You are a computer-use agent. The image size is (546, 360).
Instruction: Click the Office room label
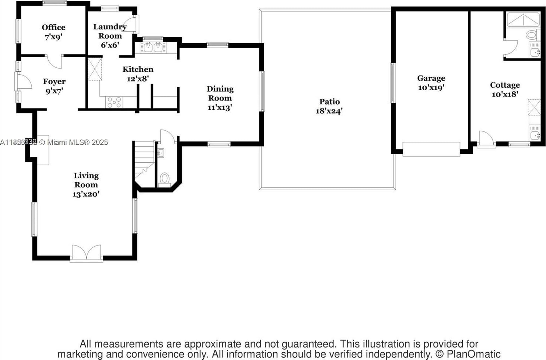click(x=53, y=27)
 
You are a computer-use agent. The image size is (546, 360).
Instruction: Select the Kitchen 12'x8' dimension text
click(x=138, y=78)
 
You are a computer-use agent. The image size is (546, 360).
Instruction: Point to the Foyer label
click(x=54, y=82)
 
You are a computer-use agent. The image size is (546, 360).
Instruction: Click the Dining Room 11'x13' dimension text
click(x=220, y=107)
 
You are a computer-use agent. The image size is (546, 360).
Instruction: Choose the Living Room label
click(x=86, y=180)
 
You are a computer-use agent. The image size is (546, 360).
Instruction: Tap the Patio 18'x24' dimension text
click(x=329, y=111)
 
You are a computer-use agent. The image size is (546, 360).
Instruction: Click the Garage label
click(x=431, y=78)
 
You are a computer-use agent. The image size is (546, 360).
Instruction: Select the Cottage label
click(x=505, y=85)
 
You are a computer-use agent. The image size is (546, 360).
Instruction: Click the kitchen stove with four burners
click(x=114, y=102)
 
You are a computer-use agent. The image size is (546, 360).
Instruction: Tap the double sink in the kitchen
click(x=153, y=47)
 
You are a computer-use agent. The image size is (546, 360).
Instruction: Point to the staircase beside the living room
click(x=144, y=158)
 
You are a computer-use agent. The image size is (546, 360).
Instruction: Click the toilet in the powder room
click(x=164, y=179)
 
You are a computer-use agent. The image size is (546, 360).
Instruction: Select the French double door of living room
click(x=86, y=253)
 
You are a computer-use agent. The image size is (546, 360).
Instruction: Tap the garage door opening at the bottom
click(x=431, y=149)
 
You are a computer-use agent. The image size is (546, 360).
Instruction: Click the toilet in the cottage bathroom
click(x=531, y=35)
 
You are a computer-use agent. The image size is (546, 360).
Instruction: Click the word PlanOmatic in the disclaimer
click(x=473, y=354)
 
